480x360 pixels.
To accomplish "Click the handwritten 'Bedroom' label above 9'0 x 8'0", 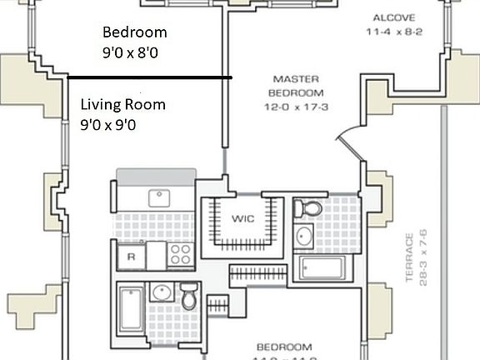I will pyautogui.click(x=134, y=32).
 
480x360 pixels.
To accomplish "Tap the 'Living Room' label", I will pyautogui.click(x=122, y=105).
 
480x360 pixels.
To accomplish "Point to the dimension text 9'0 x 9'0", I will pyautogui.click(x=108, y=124).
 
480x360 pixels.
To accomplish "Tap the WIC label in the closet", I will pyautogui.click(x=242, y=219).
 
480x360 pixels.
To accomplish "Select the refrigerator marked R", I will pyautogui.click(x=130, y=256).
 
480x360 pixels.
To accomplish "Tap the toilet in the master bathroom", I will pyautogui.click(x=310, y=209).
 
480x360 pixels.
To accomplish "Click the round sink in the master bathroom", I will pyautogui.click(x=303, y=237).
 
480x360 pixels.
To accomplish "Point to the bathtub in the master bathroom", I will pyautogui.click(x=322, y=268).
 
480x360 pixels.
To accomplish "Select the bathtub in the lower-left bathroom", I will pyautogui.click(x=131, y=308).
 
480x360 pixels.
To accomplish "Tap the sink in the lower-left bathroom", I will pyautogui.click(x=162, y=292).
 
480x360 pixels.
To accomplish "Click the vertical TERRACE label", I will pyautogui.click(x=410, y=258).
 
